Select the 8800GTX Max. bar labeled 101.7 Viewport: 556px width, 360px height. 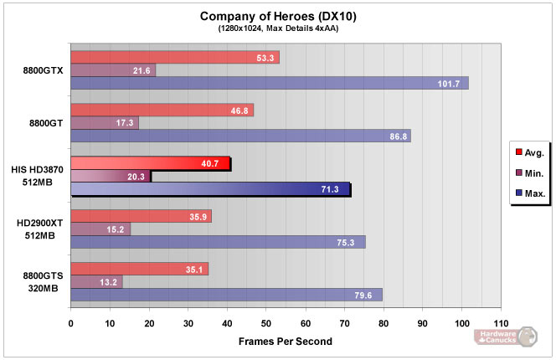(269, 83)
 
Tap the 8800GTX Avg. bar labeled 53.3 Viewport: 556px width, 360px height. (174, 57)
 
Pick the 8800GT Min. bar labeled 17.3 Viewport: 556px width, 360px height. (105, 123)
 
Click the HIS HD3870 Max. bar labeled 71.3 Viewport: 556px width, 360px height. (210, 189)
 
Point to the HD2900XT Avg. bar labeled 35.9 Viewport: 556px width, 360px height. (141, 216)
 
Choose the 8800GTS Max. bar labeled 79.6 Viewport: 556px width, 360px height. (226, 295)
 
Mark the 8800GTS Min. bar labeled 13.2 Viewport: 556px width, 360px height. (96, 281)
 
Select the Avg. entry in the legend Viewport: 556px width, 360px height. (529, 152)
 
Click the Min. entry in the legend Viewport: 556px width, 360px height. (529, 172)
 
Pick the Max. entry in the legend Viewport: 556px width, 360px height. (529, 193)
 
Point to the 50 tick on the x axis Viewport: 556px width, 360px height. (266, 322)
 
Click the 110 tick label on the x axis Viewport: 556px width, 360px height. (501, 322)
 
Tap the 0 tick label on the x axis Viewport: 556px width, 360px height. (71, 322)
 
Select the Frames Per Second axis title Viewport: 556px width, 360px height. (286, 341)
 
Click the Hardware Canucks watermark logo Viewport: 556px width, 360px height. (505, 337)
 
